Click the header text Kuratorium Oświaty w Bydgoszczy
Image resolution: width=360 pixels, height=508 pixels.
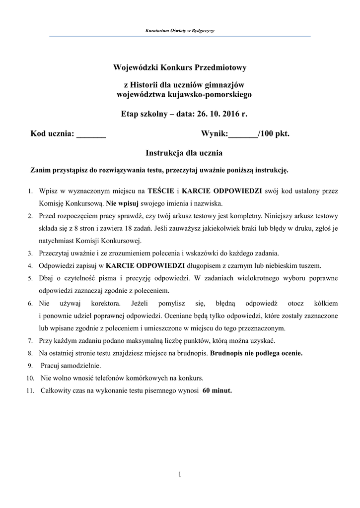pos(179,31)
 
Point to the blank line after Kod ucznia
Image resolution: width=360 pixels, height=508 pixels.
pos(91,133)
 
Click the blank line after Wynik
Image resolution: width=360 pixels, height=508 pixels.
pos(242,133)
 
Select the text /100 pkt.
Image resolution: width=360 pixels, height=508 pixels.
pos(273,133)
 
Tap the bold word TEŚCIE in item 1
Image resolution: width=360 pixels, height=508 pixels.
pos(161,190)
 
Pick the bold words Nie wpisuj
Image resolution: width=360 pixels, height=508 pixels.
pos(123,203)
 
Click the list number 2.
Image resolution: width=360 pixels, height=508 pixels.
pos(30,216)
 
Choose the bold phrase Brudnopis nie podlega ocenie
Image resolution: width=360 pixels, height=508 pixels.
pos(256,354)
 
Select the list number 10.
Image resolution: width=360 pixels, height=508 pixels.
pos(29,378)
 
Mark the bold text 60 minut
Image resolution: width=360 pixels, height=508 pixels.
pos(217,390)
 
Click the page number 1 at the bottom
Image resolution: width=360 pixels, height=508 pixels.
pos(180,475)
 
